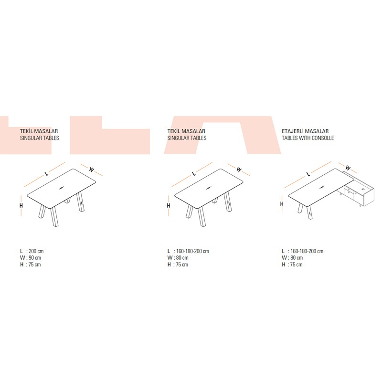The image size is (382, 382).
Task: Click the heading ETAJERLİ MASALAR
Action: (x=305, y=131)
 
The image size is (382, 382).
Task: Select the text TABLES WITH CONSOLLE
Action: (x=308, y=138)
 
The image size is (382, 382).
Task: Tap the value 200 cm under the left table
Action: (x=36, y=251)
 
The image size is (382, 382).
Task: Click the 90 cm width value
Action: (x=35, y=258)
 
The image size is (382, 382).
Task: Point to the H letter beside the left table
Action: (x=21, y=206)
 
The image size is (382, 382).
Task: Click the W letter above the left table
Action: (x=91, y=170)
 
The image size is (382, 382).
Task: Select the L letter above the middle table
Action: (x=194, y=174)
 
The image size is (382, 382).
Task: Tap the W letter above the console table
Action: (x=348, y=168)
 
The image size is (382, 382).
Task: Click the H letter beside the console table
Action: (x=282, y=204)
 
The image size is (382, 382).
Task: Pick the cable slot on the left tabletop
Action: (x=61, y=188)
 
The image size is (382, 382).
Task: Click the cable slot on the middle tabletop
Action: (x=209, y=188)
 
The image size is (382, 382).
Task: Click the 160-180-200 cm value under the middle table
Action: (x=192, y=251)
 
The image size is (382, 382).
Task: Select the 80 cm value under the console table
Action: (x=297, y=258)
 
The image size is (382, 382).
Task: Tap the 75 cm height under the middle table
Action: (x=182, y=265)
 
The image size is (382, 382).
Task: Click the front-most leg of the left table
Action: (x=54, y=217)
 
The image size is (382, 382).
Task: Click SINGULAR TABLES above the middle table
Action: (x=187, y=138)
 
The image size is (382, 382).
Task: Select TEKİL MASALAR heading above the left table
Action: (x=39, y=131)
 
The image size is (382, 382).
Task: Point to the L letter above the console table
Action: (x=308, y=174)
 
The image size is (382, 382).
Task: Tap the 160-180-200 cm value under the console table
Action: (x=307, y=251)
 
